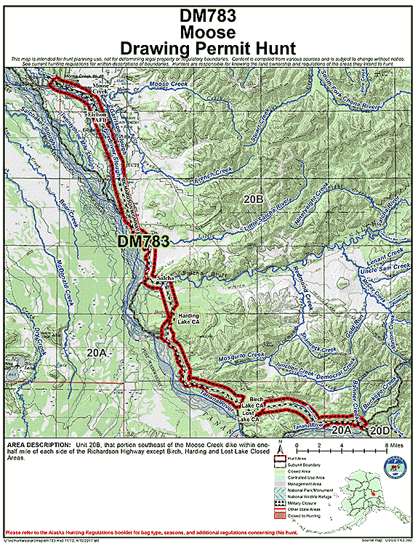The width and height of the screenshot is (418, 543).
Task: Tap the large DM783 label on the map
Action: pyautogui.click(x=143, y=241)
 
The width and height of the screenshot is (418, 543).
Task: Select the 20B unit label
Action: pyautogui.click(x=252, y=198)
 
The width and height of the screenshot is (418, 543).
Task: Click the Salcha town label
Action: pyautogui.click(x=165, y=278)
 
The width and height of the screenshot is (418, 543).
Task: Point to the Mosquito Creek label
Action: pyautogui.click(x=241, y=358)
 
